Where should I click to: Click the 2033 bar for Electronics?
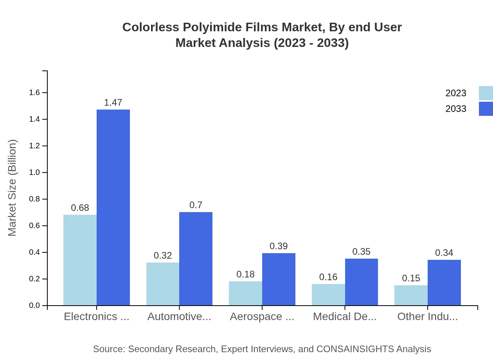point(113,207)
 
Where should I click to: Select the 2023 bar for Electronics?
point(80,260)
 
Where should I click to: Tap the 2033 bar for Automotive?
point(196,259)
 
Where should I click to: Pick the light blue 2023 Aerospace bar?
point(245,293)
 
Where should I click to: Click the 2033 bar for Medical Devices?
point(362,282)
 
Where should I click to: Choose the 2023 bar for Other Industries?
point(411,295)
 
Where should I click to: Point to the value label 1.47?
point(113,103)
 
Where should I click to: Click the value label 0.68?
point(80,208)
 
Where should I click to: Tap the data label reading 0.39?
point(279,246)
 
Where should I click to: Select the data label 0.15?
point(411,278)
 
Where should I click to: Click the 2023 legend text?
point(456,93)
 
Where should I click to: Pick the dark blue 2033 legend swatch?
point(486,109)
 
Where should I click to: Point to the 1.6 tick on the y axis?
point(34,93)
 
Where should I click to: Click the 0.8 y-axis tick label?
point(34,199)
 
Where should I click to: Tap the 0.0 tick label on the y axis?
point(34,306)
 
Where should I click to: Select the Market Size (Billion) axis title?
point(13,188)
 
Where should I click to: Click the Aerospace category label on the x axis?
point(262,317)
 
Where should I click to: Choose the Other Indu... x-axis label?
point(427,317)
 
